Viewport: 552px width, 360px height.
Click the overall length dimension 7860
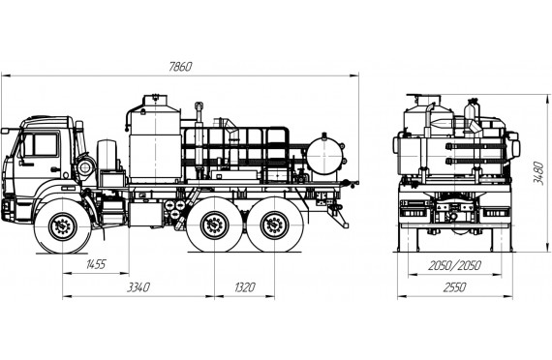[180, 67]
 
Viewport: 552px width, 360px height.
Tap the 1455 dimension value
[96, 264]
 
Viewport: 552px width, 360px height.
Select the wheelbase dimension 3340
[138, 287]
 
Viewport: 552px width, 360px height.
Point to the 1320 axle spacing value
[244, 287]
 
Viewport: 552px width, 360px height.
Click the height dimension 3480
[537, 173]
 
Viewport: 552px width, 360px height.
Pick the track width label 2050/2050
[454, 266]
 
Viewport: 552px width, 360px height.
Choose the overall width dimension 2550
[454, 287]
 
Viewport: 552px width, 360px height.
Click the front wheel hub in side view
[63, 225]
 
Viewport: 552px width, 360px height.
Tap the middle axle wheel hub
[214, 225]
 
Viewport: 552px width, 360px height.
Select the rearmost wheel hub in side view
[274, 225]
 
